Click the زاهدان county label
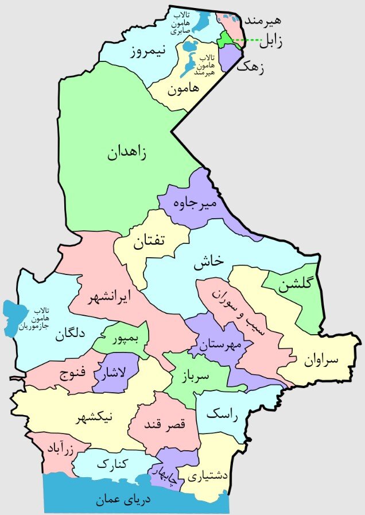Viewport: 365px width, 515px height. point(126,153)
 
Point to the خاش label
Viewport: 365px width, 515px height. point(208,261)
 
